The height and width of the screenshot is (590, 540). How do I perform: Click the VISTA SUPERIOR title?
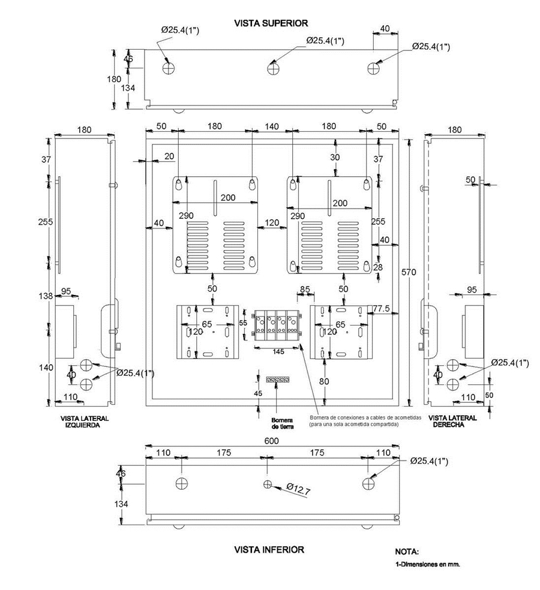tap(272, 23)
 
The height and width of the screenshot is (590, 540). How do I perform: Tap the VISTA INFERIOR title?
tap(269, 549)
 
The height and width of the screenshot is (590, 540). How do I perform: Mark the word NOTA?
tap(406, 551)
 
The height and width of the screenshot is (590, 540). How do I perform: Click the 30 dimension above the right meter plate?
tap(335, 156)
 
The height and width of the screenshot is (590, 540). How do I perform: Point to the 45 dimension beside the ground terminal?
tap(259, 394)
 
